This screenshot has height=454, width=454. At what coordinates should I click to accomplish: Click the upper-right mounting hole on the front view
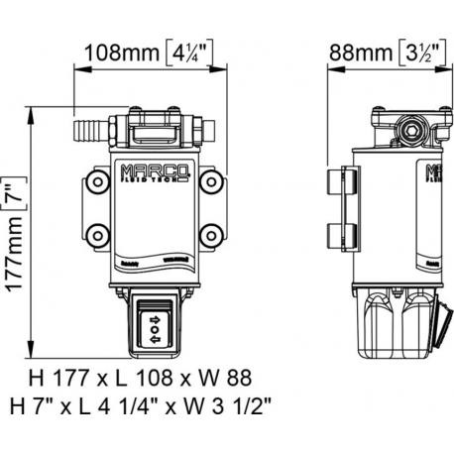[x=211, y=184]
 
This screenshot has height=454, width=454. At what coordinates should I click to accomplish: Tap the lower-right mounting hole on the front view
[x=211, y=237]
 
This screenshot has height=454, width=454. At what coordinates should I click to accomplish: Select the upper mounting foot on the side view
[x=337, y=183]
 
